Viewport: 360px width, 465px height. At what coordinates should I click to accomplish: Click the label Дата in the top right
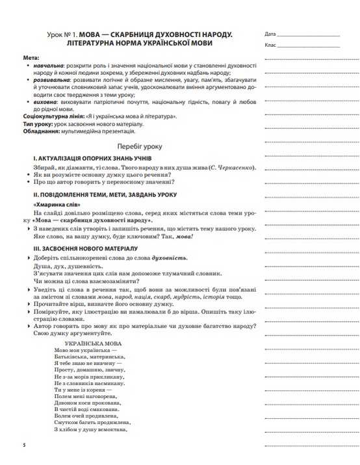click(x=270, y=33)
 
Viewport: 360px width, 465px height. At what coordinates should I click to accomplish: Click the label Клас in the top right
click(x=270, y=45)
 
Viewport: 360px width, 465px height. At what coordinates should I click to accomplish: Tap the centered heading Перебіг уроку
click(x=140, y=147)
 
